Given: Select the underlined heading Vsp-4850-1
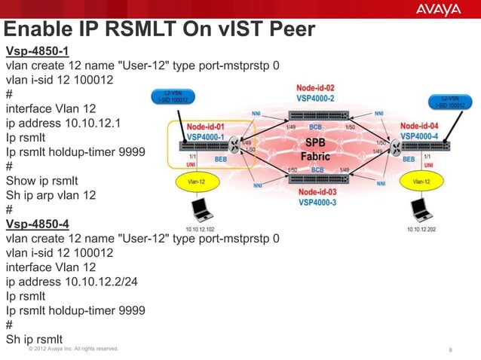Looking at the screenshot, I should tap(38, 51).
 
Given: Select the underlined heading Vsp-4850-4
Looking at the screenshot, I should tap(38, 224).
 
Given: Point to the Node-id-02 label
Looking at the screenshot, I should tap(315, 88).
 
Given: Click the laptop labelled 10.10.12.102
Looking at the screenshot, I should tap(200, 209).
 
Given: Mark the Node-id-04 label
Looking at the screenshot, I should tap(419, 125).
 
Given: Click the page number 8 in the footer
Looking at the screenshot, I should tap(450, 349).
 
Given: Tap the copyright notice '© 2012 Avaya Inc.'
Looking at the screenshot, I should tap(72, 349).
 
